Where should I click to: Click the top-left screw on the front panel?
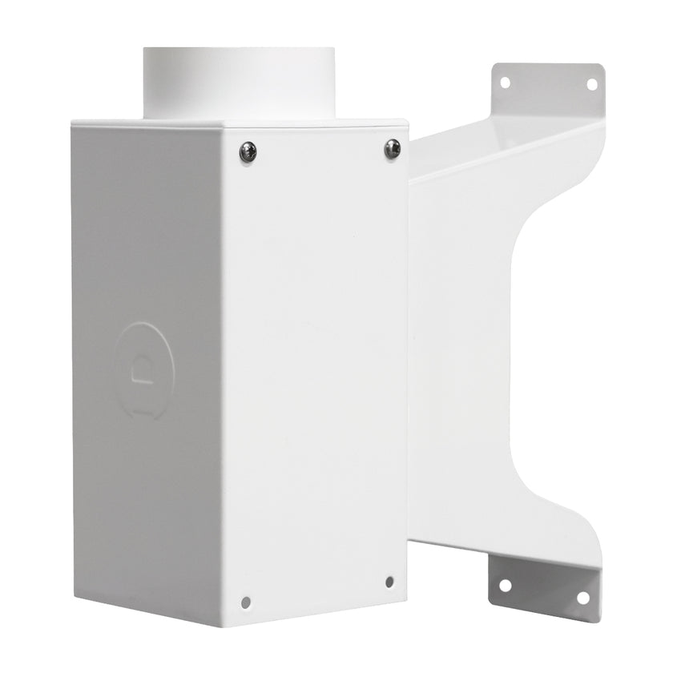[x=248, y=152]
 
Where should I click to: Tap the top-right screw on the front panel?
[x=392, y=148]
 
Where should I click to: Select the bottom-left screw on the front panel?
[x=246, y=602]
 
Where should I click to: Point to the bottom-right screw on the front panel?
[x=389, y=582]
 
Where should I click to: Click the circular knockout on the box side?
[x=143, y=370]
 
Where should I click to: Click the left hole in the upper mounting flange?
[x=505, y=82]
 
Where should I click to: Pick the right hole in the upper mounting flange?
[x=592, y=84]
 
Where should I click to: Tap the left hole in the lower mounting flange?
[x=505, y=585]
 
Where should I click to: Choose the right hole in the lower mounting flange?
[x=582, y=598]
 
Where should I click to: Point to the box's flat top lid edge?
[x=240, y=124]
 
